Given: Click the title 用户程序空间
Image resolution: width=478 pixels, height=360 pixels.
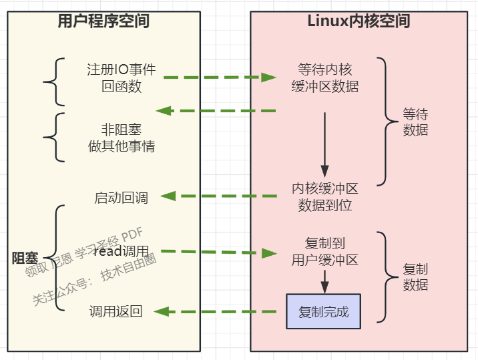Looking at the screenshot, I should tap(103, 21).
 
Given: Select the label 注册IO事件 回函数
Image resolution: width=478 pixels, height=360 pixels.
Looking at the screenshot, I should tap(122, 77).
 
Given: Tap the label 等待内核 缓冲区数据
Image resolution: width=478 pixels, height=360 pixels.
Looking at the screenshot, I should tap(325, 77).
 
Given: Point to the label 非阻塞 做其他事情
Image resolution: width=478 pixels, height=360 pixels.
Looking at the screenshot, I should tap(122, 138).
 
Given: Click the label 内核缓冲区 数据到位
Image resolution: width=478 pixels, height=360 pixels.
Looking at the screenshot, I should tap(325, 197).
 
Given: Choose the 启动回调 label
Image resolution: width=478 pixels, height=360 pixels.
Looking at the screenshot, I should tap(122, 198).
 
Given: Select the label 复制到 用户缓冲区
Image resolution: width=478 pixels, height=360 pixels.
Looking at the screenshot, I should tap(325, 252).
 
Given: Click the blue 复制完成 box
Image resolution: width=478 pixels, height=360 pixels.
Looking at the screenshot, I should tap(324, 311).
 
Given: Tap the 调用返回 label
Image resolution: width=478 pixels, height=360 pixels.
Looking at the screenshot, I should tap(116, 311).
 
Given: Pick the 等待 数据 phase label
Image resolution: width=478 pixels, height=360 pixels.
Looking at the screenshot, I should tap(415, 122).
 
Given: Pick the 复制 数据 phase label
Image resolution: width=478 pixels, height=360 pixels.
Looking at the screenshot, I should tap(415, 277).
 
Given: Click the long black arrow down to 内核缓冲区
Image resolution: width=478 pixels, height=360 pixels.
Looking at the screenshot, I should tap(324, 144).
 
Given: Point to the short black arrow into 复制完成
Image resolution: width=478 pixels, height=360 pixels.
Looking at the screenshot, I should tap(324, 281).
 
